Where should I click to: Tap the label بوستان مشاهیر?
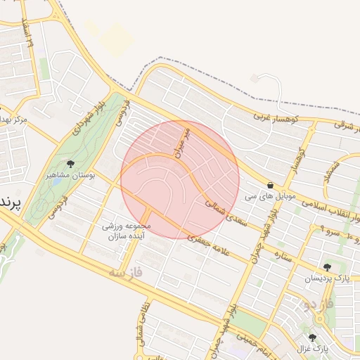[68, 174]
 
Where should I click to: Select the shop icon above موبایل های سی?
[271, 186]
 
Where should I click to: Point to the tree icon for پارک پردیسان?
[327, 267]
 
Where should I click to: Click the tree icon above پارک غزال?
[312, 337]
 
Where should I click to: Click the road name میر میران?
[183, 141]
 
